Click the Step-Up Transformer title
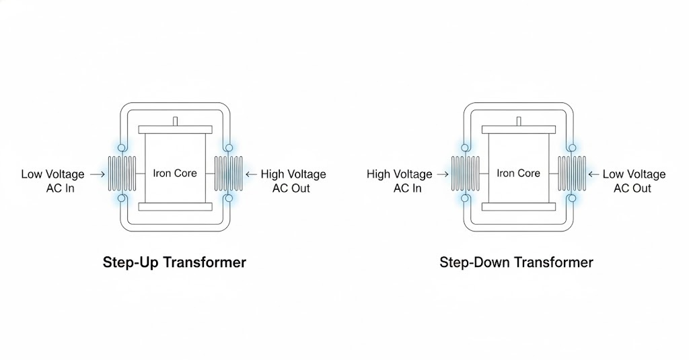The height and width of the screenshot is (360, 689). pos(174,262)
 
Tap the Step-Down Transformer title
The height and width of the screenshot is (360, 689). pos(516,262)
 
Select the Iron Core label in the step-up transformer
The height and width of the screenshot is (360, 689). pos(175,173)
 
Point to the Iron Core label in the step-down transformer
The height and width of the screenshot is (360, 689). pos(518,173)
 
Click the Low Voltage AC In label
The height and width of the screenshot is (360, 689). pos(52,181)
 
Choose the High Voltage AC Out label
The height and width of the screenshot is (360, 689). pos(293,181)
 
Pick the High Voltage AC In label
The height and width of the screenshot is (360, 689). pos(400,181)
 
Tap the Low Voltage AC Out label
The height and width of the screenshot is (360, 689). pos(633,181)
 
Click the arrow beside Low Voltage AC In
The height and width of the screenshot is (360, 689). pos(97,174)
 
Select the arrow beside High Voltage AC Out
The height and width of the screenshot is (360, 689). pos(252,174)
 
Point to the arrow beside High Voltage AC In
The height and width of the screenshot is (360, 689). pos(442,174)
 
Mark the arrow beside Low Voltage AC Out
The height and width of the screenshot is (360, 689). pos(594,174)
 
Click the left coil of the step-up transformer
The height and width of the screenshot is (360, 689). pos(122,173)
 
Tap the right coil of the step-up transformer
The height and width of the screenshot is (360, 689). pos(228,173)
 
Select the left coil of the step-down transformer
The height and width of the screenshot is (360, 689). pos(465,173)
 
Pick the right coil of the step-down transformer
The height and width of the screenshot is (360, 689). pos(572,173)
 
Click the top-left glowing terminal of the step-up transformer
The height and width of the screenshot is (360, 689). pos(122,147)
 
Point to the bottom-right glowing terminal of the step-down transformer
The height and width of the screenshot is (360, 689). pos(572,199)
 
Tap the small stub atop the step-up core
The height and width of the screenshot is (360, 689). pos(175,121)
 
